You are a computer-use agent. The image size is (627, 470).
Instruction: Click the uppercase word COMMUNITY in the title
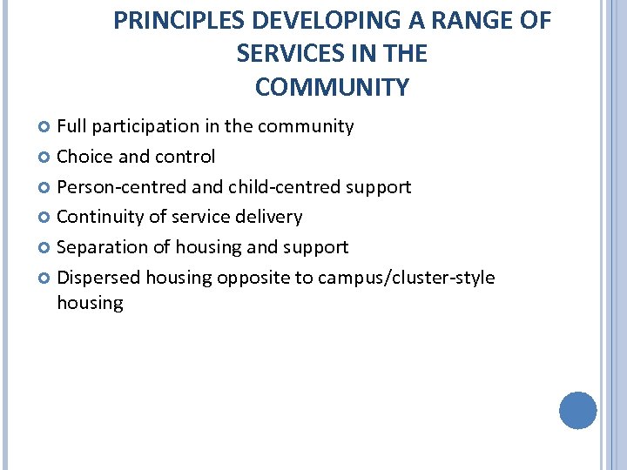pos(332,87)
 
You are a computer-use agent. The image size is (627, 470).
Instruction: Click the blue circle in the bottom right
pos(577,410)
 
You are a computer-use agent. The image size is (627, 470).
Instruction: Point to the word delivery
pos(269,217)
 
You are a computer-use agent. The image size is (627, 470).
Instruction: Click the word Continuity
pos(98,217)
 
